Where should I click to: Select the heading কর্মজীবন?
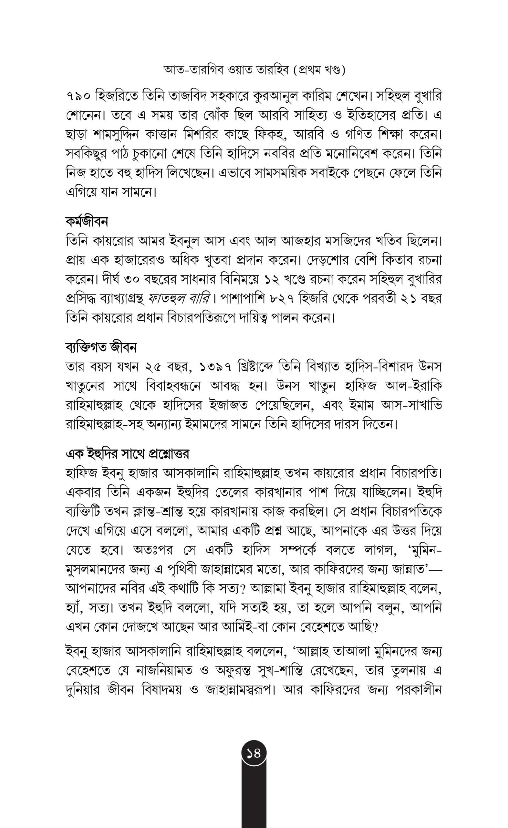pyautogui.click(x=87, y=222)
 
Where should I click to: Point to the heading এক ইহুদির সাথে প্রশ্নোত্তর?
pyautogui.click(x=127, y=454)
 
